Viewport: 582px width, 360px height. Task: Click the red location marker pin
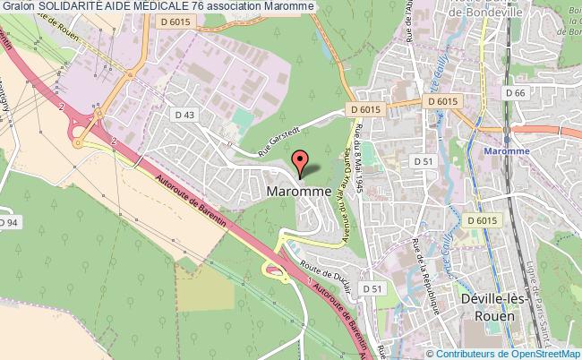[301, 162]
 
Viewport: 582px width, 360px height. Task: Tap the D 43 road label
[184, 114]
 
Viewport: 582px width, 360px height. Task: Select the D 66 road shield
[513, 92]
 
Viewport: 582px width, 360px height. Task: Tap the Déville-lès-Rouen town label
[484, 305]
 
